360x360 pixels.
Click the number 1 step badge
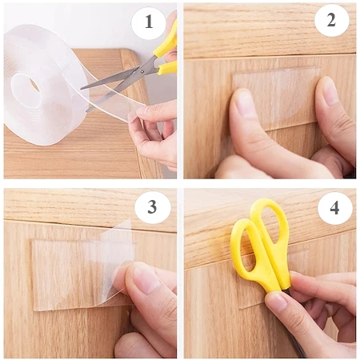click(x=148, y=22)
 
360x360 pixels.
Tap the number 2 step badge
click(x=331, y=20)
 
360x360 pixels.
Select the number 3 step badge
click(x=152, y=206)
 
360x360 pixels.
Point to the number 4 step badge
click(x=334, y=208)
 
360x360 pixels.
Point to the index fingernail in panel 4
click(x=278, y=303)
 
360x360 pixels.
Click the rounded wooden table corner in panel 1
click(x=130, y=58)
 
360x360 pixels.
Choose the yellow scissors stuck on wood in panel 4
click(x=262, y=246)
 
